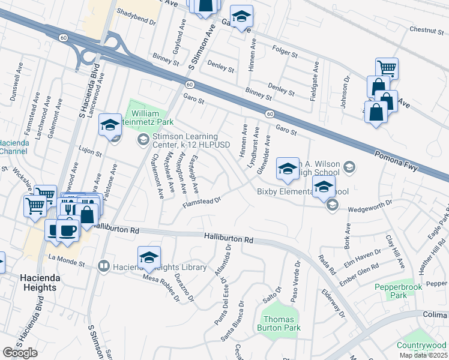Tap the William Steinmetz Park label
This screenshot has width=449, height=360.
(146, 119)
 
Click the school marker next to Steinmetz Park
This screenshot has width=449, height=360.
(110, 125)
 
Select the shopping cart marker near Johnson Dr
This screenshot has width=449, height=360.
(387, 69)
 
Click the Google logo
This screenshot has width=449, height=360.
(20, 352)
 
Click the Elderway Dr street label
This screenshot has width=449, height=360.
(334, 303)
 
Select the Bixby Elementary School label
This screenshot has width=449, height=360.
(302, 191)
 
